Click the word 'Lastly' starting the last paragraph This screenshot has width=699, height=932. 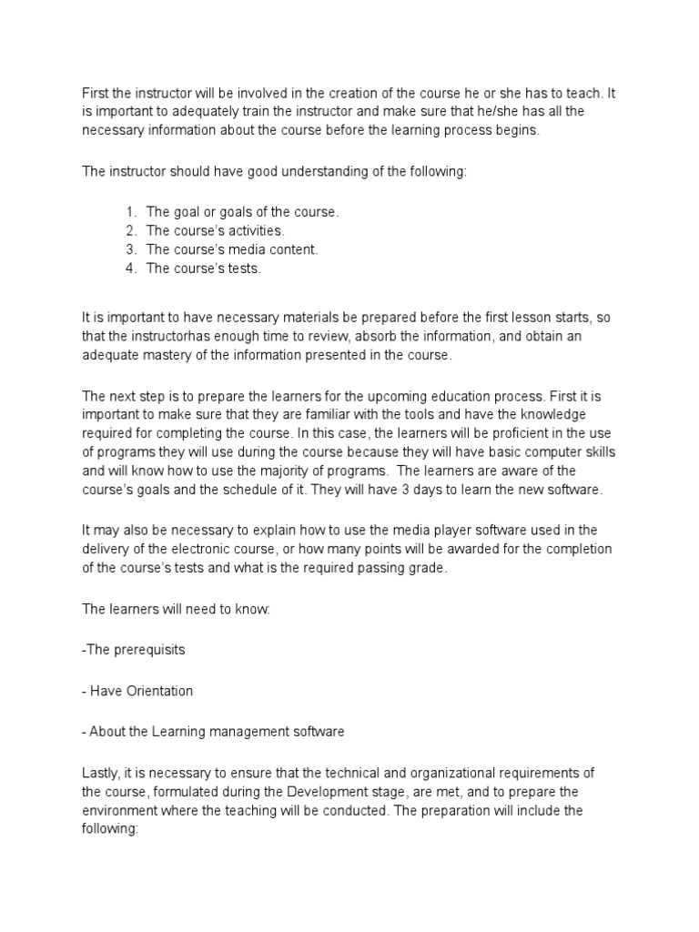(x=100, y=773)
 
